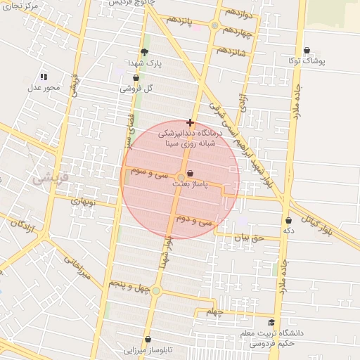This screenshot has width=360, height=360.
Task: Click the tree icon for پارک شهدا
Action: click(x=145, y=52)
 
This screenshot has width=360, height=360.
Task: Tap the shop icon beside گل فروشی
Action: click(x=136, y=77)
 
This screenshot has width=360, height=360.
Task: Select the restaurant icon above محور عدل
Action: click(x=44, y=77)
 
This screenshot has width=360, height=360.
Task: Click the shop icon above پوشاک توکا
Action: click(x=308, y=51)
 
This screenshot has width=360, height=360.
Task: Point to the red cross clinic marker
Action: click(x=190, y=122)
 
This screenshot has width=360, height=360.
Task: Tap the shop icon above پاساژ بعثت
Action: click(x=191, y=173)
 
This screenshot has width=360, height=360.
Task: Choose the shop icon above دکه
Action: click(x=288, y=221)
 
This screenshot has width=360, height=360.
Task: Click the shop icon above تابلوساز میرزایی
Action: click(x=148, y=339)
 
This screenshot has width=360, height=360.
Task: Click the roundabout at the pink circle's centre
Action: click(x=181, y=176)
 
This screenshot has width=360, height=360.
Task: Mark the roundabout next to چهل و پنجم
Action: click(x=156, y=290)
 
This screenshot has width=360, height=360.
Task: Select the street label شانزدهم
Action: click(x=231, y=52)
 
